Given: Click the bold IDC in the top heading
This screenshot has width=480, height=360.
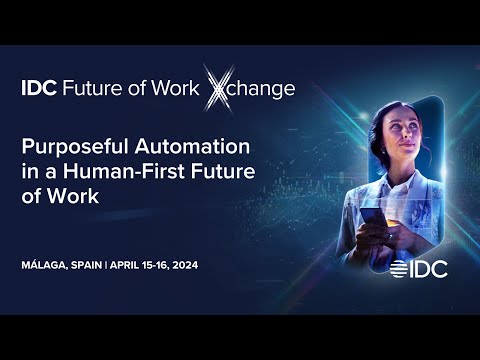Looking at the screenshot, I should (38, 89).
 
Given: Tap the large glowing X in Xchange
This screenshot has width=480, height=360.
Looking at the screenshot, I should (219, 87).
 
